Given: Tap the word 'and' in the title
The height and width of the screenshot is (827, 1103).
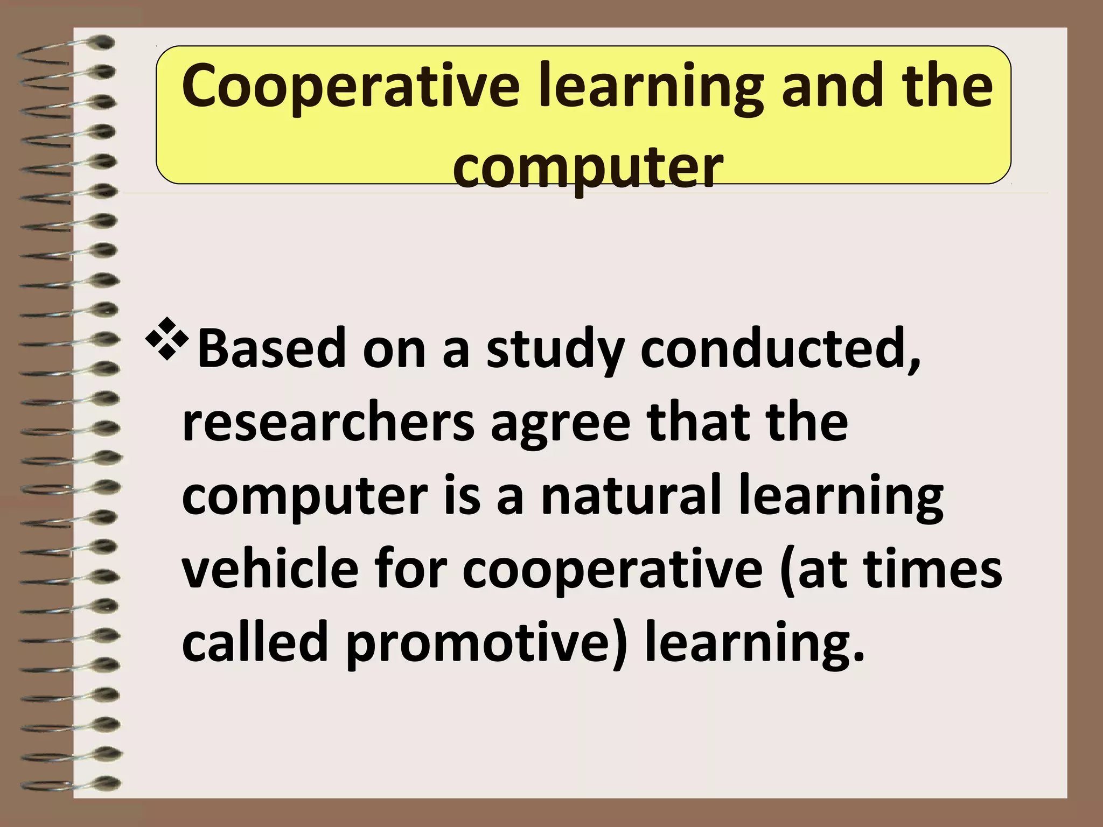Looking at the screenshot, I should tap(829, 86).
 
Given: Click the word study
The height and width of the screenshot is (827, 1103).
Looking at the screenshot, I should tap(555, 350).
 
